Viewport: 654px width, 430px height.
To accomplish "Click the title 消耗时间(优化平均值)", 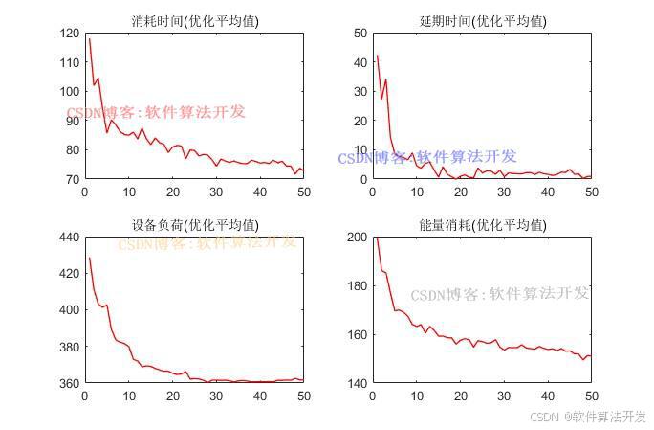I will [x=194, y=20].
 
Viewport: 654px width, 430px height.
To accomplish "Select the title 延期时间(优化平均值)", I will [x=483, y=20].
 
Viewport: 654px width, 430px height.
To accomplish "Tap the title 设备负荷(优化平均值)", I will [x=194, y=225].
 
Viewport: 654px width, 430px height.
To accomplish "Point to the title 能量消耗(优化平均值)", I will [x=483, y=225].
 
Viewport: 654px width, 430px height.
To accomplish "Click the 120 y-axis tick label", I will [x=70, y=33].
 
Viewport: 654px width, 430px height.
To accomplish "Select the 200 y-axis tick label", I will [x=357, y=237].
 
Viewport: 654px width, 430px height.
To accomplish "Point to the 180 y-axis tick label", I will [x=357, y=285].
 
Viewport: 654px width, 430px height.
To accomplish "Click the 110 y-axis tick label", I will [x=70, y=62].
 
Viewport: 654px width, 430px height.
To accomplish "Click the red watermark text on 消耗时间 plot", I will [x=156, y=112].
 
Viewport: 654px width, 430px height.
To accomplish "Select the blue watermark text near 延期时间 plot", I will [x=427, y=157].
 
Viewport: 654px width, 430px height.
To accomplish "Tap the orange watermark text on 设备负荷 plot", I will [x=207, y=242].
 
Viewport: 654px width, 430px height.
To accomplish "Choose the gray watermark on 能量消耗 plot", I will [x=500, y=294].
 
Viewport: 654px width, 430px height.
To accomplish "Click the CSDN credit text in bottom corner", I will [x=587, y=417].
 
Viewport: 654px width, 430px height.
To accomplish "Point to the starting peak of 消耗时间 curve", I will [x=89, y=39].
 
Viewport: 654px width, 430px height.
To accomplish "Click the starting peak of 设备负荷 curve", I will [x=89, y=258].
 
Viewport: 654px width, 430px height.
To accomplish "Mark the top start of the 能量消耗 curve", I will [x=376, y=238].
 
